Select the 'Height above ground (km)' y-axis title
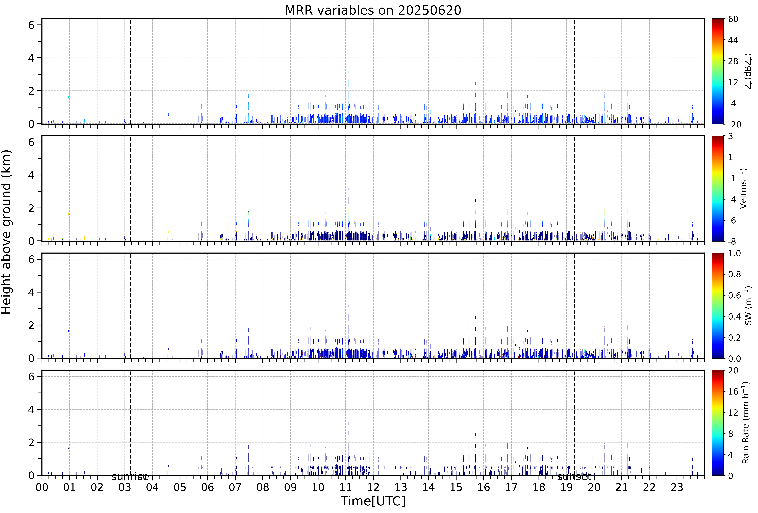[7, 232]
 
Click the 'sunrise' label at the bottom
[130, 477]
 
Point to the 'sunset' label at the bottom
[574, 477]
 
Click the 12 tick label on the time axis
[373, 488]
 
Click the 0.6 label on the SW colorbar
[735, 296]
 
